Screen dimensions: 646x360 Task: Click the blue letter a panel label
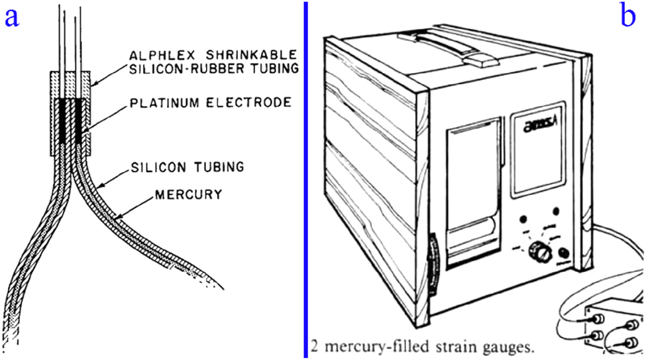[11, 17]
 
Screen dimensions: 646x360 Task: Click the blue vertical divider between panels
[305, 179]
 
